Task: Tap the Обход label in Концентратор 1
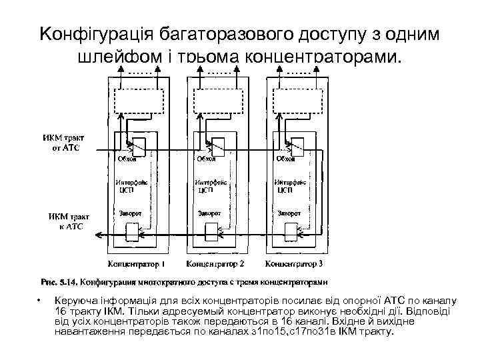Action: (127, 159)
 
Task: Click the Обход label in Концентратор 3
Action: (286, 159)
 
